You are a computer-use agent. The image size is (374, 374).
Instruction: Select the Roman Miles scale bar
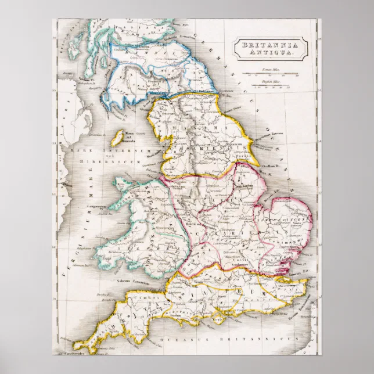pos(271,74)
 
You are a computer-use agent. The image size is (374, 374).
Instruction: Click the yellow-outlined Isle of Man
pos(117,137)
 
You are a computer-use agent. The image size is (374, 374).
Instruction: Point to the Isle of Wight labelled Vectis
pos(221,319)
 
